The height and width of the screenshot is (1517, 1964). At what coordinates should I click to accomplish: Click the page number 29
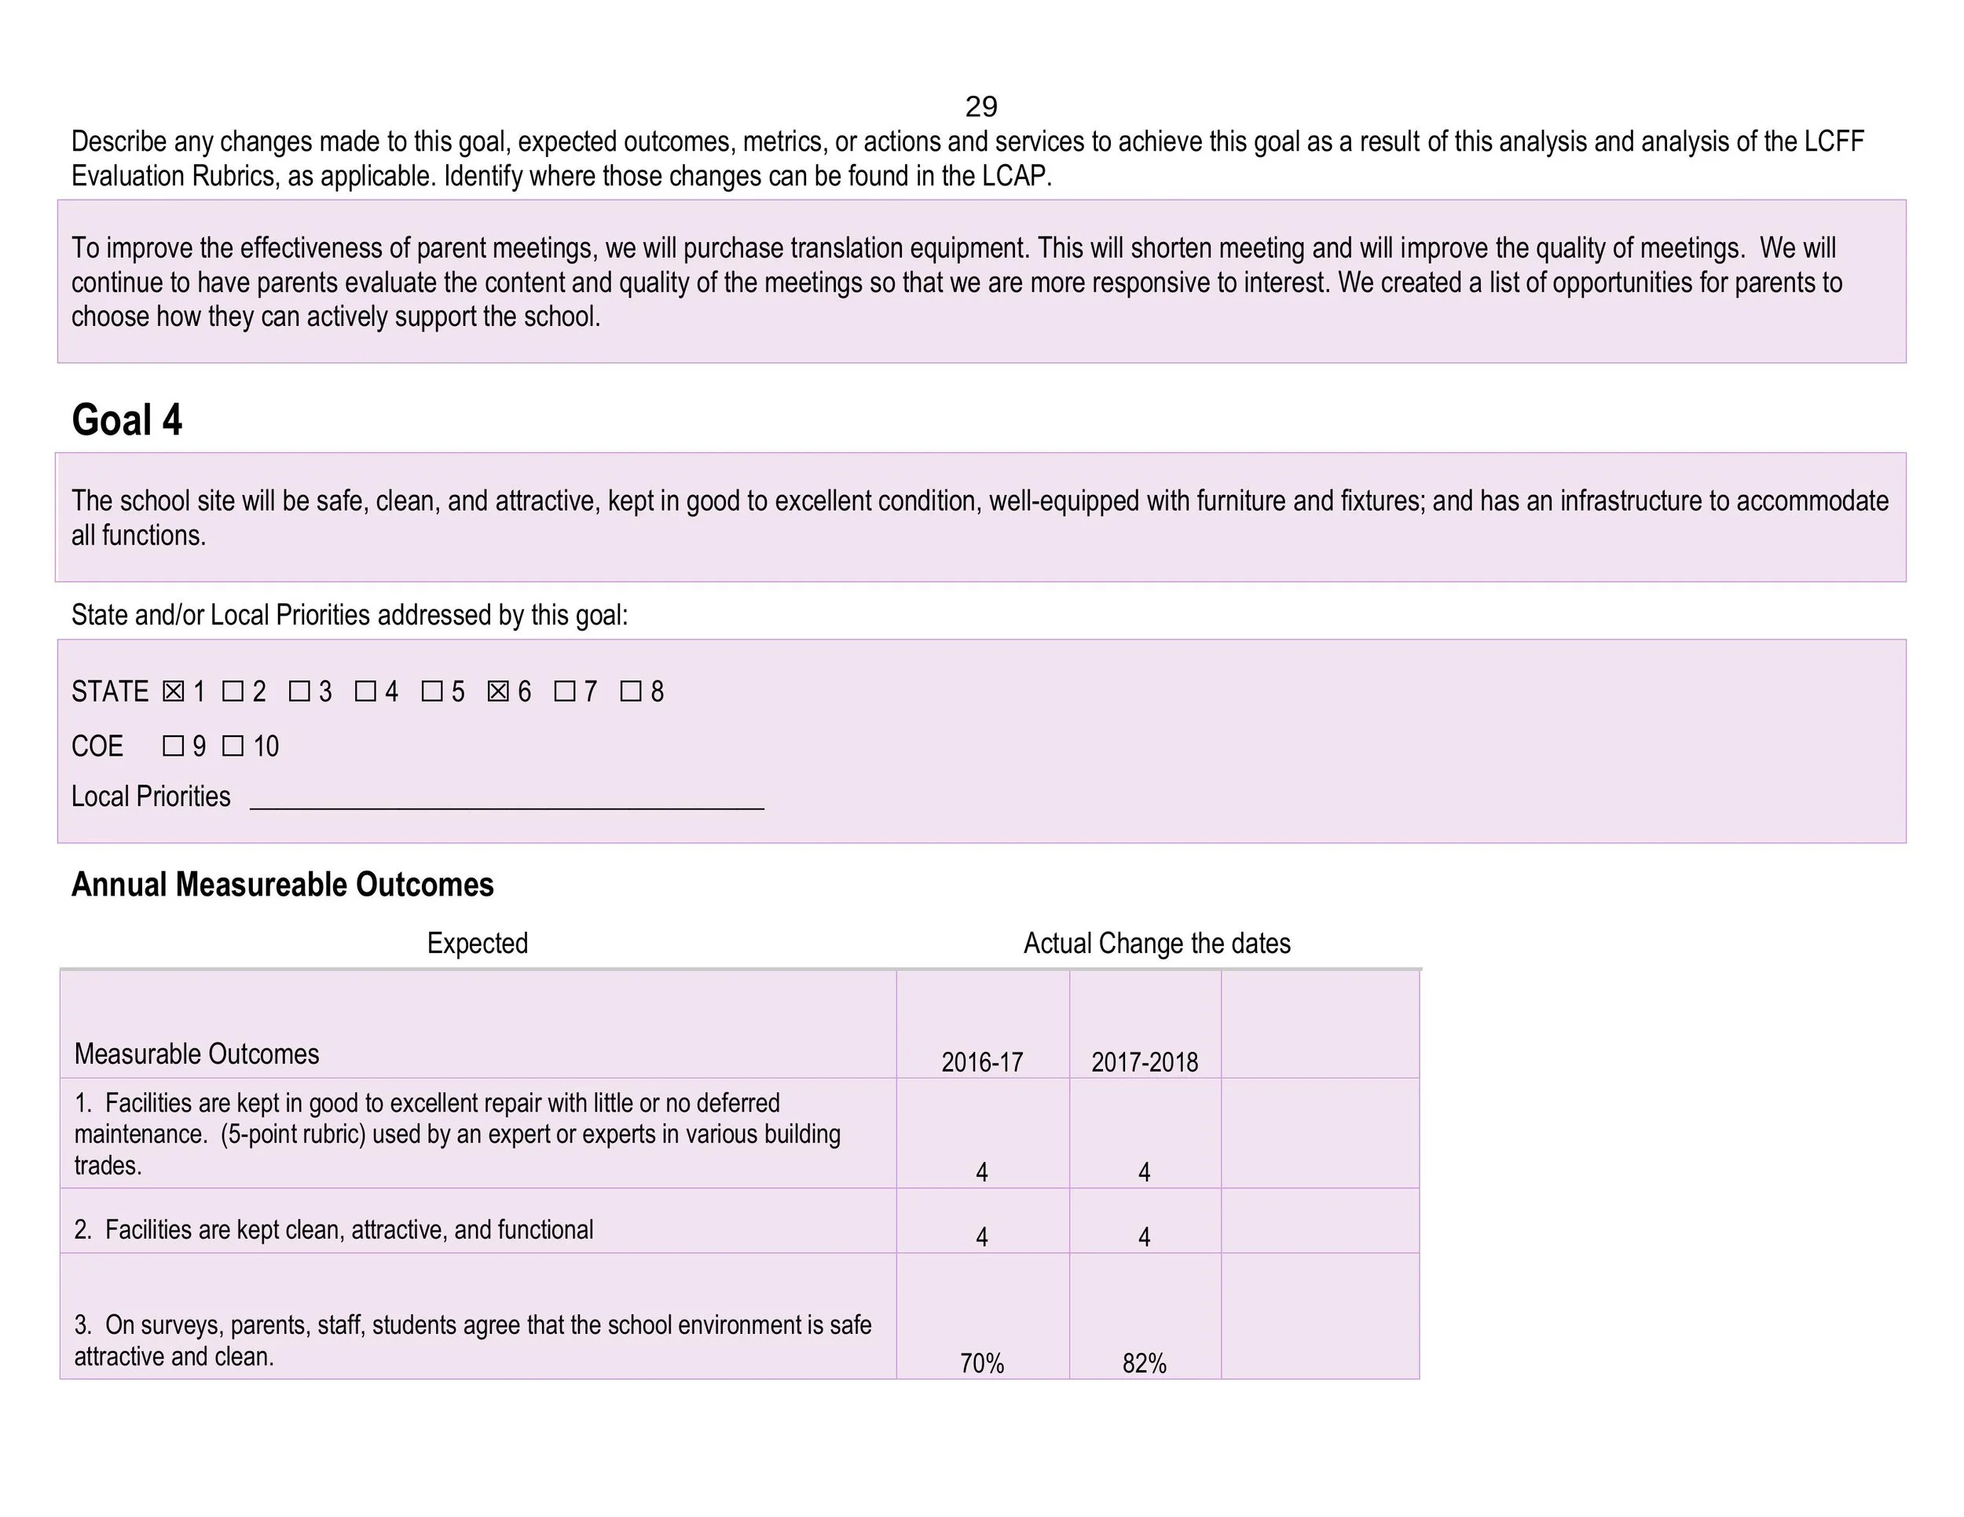click(x=981, y=107)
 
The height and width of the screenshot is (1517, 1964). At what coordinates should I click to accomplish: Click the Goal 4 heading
click(x=126, y=420)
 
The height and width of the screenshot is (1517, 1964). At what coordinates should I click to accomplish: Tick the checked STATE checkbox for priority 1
click(x=174, y=691)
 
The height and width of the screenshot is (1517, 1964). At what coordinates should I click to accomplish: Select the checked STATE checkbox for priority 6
click(x=498, y=691)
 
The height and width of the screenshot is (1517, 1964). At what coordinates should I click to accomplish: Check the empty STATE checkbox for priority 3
click(x=299, y=691)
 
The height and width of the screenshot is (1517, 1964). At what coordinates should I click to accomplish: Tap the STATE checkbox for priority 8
click(x=630, y=691)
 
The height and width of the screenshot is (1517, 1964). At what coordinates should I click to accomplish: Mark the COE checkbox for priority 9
click(x=174, y=746)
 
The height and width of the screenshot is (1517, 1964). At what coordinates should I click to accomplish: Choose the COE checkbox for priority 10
click(x=233, y=746)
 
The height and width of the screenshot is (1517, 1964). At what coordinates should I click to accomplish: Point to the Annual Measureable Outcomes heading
click(x=282, y=885)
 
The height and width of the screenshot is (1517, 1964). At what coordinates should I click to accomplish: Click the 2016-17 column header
click(x=982, y=1062)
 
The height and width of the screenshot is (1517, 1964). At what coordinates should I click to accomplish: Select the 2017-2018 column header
click(x=1145, y=1062)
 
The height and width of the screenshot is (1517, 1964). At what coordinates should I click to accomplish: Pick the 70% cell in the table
click(x=982, y=1363)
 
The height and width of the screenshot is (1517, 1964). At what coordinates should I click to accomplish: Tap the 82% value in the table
click(x=1144, y=1363)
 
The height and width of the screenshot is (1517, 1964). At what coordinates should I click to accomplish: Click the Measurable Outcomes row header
click(x=196, y=1054)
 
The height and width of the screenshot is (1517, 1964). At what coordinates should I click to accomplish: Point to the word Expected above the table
click(x=478, y=944)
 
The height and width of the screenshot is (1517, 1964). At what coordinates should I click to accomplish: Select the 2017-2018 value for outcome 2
click(x=1144, y=1237)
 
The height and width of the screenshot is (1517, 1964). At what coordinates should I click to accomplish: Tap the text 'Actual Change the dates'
click(x=1156, y=944)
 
